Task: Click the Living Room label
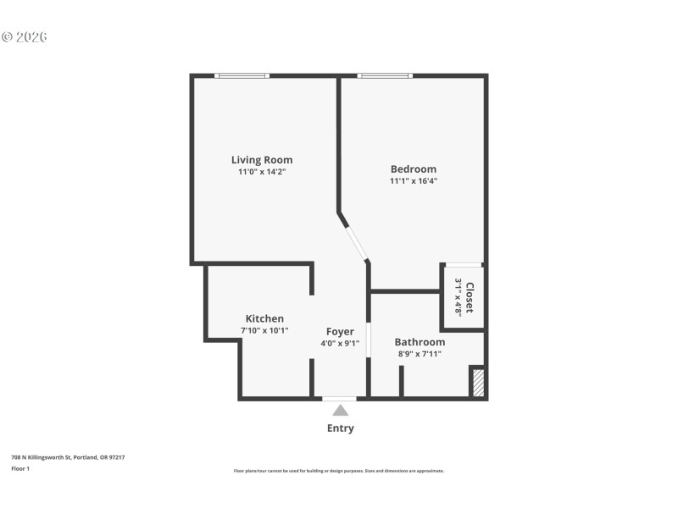(262, 159)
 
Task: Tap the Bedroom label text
(413, 168)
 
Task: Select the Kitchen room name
(264, 318)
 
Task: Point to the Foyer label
(340, 331)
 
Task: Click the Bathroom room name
(420, 342)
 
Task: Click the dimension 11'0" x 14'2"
(262, 172)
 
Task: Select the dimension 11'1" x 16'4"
(413, 181)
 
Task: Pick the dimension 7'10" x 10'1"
(264, 331)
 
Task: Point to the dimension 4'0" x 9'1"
(340, 344)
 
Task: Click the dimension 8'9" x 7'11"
(420, 354)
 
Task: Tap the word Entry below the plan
(340, 428)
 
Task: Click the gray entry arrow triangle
(340, 411)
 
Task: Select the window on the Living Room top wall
(242, 76)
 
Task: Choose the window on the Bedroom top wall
(385, 76)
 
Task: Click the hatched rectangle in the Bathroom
(478, 382)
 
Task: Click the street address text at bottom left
(68, 457)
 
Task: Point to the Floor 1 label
(20, 468)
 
